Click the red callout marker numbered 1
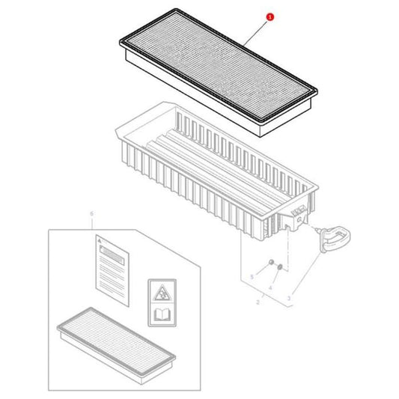pyautogui.click(x=270, y=15)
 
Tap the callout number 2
pyautogui.click(x=258, y=303)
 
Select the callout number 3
pyautogui.click(x=289, y=299)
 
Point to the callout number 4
pyautogui.click(x=269, y=287)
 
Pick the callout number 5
pyautogui.click(x=252, y=278)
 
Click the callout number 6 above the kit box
pyautogui.click(x=91, y=214)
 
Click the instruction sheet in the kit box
pyautogui.click(x=112, y=264)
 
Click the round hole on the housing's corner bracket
pyautogui.click(x=299, y=216)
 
